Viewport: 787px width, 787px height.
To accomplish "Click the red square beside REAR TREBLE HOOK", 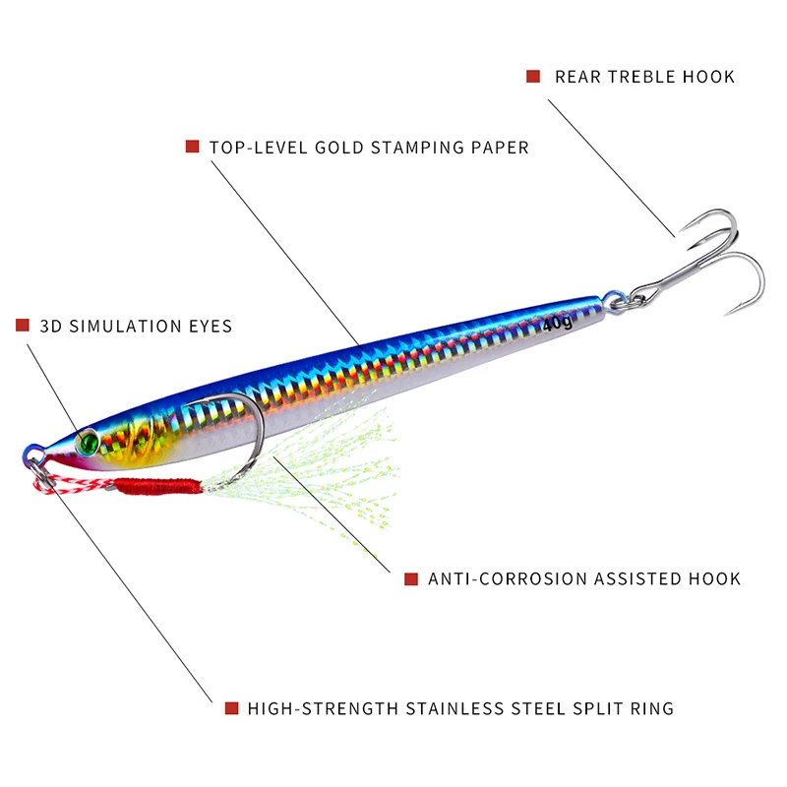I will click(533, 76).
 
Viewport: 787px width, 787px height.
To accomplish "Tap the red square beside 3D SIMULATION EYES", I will click(23, 325).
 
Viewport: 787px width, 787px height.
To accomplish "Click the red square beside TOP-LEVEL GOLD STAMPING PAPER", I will click(192, 147).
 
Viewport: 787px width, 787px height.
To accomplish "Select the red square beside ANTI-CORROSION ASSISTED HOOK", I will click(411, 578).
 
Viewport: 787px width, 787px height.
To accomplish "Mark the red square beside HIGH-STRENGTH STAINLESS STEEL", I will click(231, 707).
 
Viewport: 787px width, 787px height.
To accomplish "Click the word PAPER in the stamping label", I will click(502, 147).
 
